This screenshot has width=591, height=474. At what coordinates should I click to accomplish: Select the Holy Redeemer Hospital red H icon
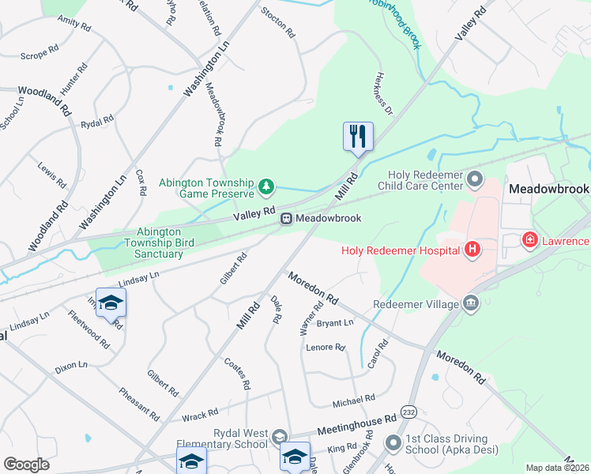coord(472,250)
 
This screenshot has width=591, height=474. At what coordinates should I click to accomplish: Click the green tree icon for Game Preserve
coord(267,186)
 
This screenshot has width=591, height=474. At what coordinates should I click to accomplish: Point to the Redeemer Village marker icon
coord(472,303)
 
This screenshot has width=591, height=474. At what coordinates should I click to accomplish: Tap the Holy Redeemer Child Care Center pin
coord(474,179)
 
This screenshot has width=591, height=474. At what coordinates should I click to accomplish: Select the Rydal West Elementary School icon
coord(278,437)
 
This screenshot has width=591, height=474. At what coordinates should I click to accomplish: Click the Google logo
coord(26,464)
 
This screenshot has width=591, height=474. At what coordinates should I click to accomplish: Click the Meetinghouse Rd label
coord(356,424)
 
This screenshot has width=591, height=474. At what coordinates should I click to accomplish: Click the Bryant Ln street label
coord(334,323)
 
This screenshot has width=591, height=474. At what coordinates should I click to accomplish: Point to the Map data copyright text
coord(557,468)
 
